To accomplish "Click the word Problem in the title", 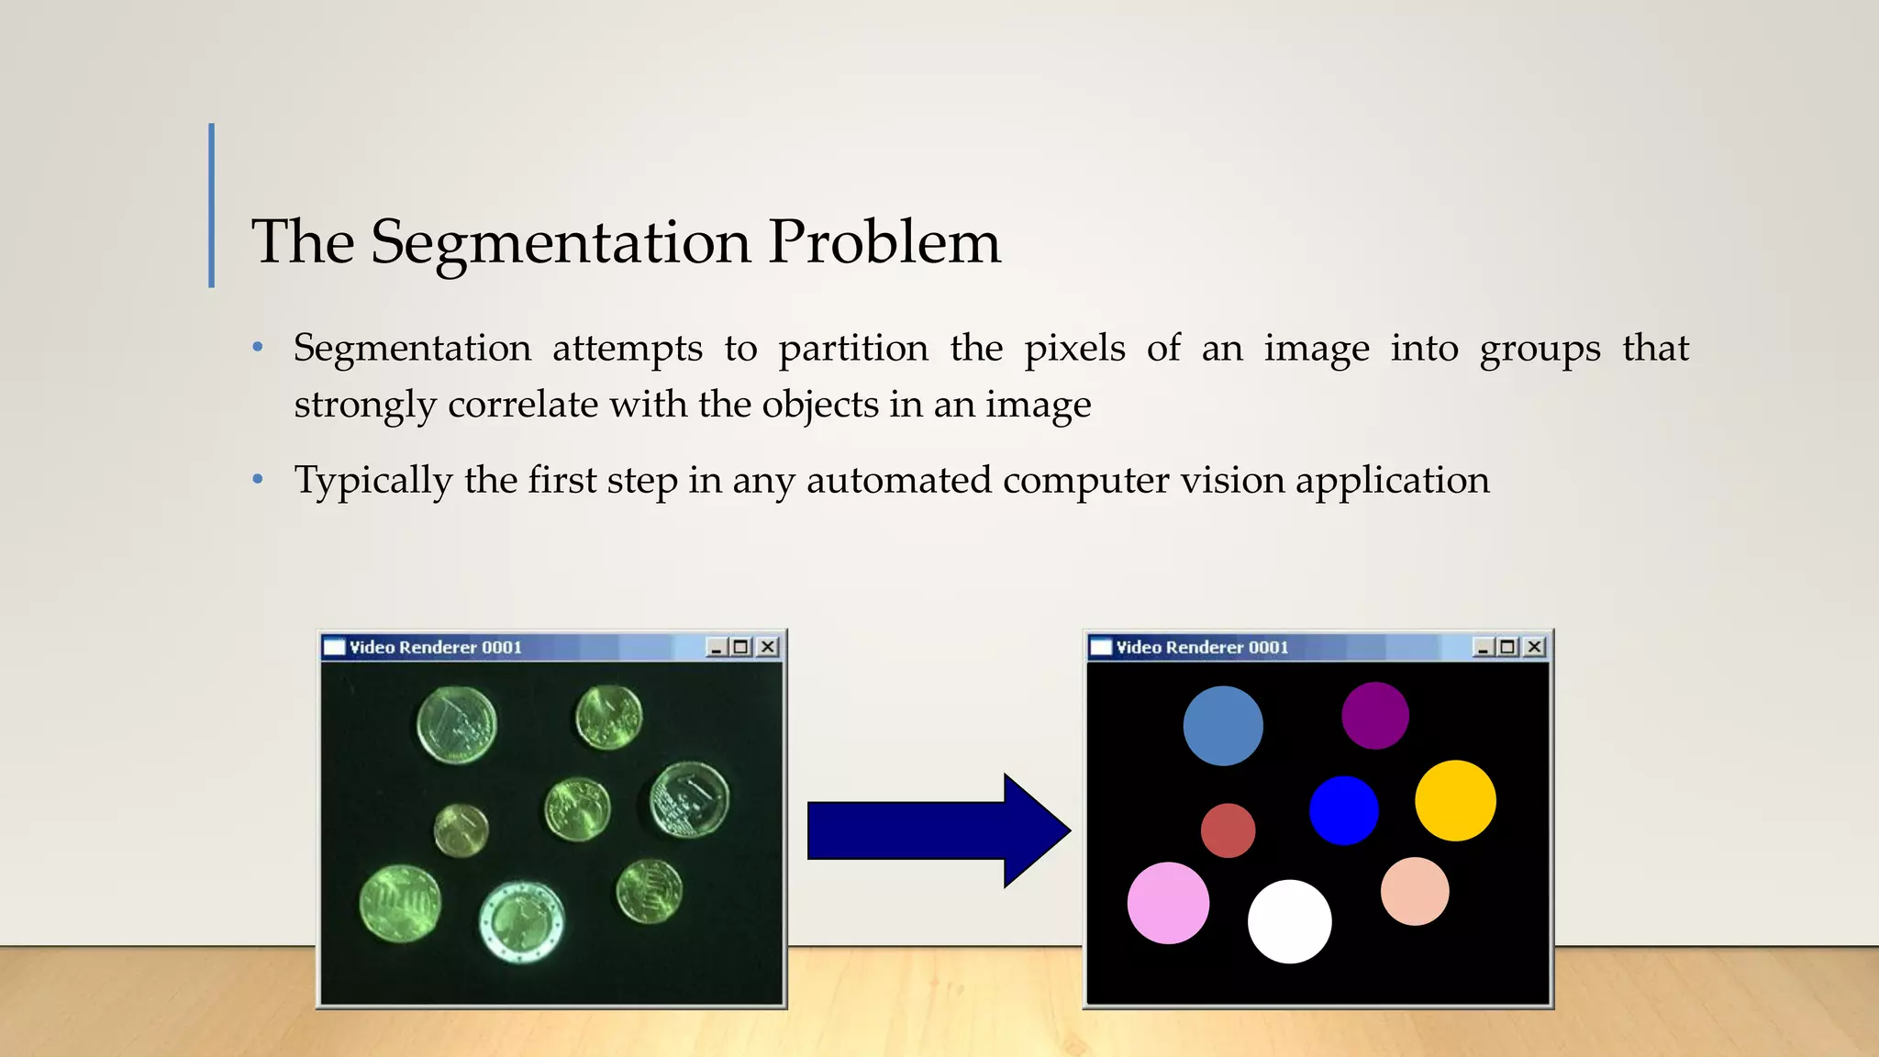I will click(884, 243).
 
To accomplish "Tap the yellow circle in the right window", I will click(1455, 800).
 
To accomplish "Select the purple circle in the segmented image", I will click(1374, 716).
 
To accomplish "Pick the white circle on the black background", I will click(1289, 921).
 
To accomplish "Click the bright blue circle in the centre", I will click(1343, 810).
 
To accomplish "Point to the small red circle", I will click(1228, 830).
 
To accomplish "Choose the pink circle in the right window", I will click(1168, 903).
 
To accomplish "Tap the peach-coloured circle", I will click(1414, 891).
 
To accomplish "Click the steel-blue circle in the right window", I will click(1222, 726).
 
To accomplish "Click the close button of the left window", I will click(768, 647).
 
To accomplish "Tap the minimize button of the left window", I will click(717, 647).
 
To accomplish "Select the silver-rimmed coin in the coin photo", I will click(521, 921).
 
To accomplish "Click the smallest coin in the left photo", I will click(461, 830).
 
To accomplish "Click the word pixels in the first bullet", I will click(1074, 350).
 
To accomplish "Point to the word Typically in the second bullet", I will click(372, 481).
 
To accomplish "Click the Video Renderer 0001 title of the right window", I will click(1202, 647).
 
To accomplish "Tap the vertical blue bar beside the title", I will click(212, 206).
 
